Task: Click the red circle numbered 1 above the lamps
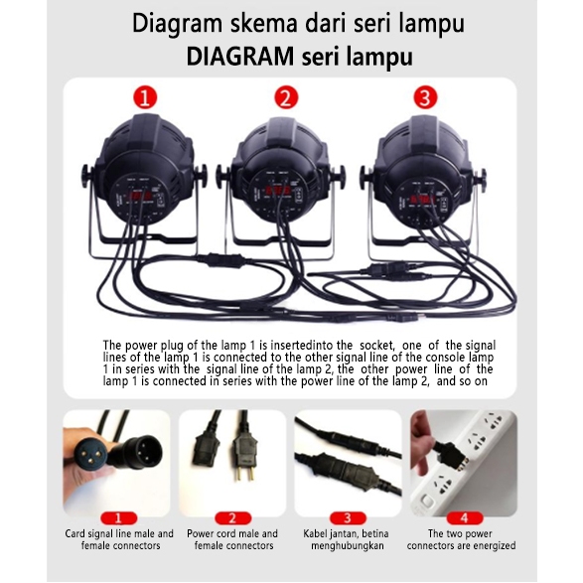(x=145, y=97)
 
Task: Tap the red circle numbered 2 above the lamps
(x=286, y=97)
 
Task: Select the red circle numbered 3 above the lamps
(x=425, y=97)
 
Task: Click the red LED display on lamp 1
(x=139, y=196)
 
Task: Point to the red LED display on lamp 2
(x=277, y=192)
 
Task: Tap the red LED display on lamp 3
(x=422, y=200)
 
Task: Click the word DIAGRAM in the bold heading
(x=239, y=57)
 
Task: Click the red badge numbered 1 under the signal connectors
(x=118, y=517)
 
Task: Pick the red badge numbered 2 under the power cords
(x=232, y=517)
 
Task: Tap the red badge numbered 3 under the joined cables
(x=348, y=517)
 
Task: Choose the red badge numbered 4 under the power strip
(x=465, y=517)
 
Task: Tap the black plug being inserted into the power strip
(x=450, y=454)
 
